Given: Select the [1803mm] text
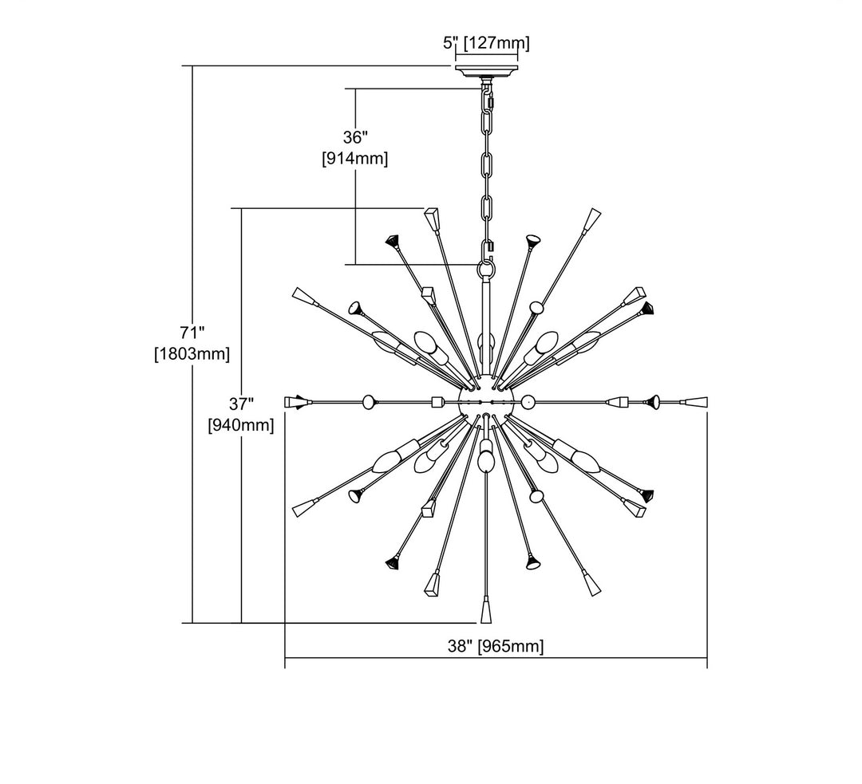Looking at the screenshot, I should pyautogui.click(x=192, y=353).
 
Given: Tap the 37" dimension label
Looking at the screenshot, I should pyautogui.click(x=240, y=403).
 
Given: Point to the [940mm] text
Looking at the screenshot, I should pyautogui.click(x=241, y=425).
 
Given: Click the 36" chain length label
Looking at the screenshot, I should pyautogui.click(x=354, y=136).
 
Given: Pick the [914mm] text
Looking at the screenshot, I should pyautogui.click(x=355, y=159).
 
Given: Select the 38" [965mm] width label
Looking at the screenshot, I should pyautogui.click(x=496, y=646).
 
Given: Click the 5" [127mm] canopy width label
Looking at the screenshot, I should pyautogui.click(x=486, y=42).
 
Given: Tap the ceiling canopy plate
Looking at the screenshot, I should pyautogui.click(x=486, y=71).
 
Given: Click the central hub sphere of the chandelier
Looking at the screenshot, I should pyautogui.click(x=486, y=400).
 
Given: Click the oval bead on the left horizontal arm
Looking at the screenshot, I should pyautogui.click(x=369, y=401).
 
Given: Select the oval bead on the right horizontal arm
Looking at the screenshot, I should pyautogui.click(x=528, y=400).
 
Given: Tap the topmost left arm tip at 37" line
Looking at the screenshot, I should pyautogui.click(x=432, y=218).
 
